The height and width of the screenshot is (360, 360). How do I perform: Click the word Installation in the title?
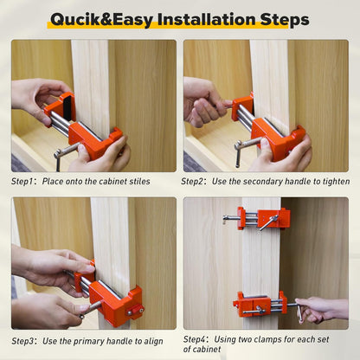click(x=202, y=19)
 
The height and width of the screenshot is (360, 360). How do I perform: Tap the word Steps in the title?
click(x=281, y=19)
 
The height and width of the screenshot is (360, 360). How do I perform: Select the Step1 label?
click(x=23, y=182)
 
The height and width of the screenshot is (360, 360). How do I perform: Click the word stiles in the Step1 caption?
click(x=138, y=182)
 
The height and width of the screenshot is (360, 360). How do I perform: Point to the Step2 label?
click(x=194, y=182)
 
